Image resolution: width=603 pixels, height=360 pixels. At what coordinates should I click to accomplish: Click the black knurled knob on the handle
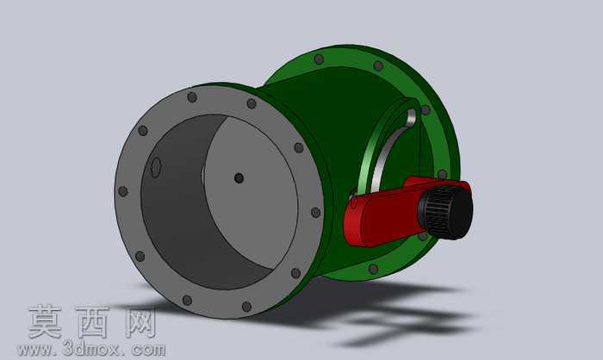click(x=446, y=212)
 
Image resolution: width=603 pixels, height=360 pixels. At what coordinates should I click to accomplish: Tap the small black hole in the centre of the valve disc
click(x=239, y=178)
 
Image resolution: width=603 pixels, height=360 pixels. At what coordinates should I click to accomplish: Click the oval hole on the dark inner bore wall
click(x=156, y=168)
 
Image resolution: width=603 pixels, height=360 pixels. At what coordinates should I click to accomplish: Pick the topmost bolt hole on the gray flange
click(x=192, y=97)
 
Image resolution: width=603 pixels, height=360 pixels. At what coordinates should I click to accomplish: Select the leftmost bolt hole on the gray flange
click(x=123, y=191)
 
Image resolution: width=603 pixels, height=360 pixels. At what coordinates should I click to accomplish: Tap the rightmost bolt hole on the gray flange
click(x=316, y=213)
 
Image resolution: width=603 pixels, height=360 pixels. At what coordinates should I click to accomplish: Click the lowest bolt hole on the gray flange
click(x=246, y=307)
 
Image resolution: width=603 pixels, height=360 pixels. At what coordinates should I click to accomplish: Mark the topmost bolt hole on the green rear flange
click(x=319, y=59)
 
